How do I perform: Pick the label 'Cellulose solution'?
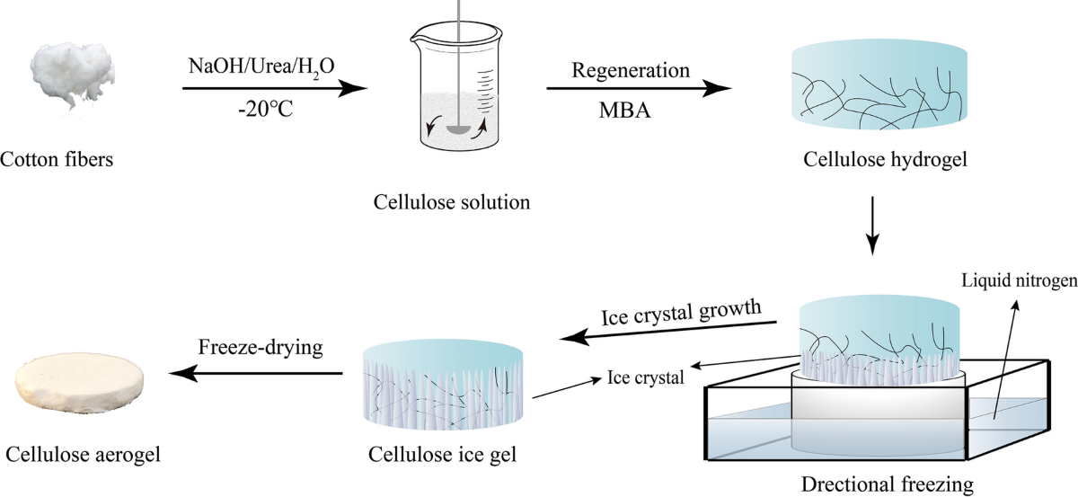tap(452, 200)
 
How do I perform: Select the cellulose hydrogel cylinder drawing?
tap(880, 90)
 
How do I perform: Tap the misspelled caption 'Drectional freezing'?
tap(886, 485)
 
